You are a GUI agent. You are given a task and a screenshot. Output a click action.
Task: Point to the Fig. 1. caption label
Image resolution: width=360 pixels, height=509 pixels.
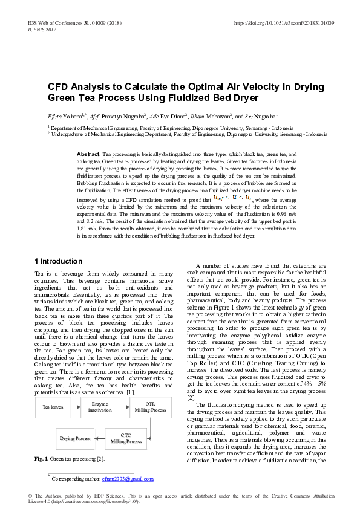(43, 459)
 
